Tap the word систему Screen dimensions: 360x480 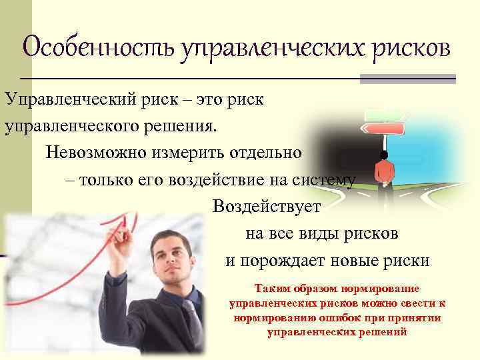pos(326,179)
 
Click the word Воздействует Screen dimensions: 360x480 pos(267,207)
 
